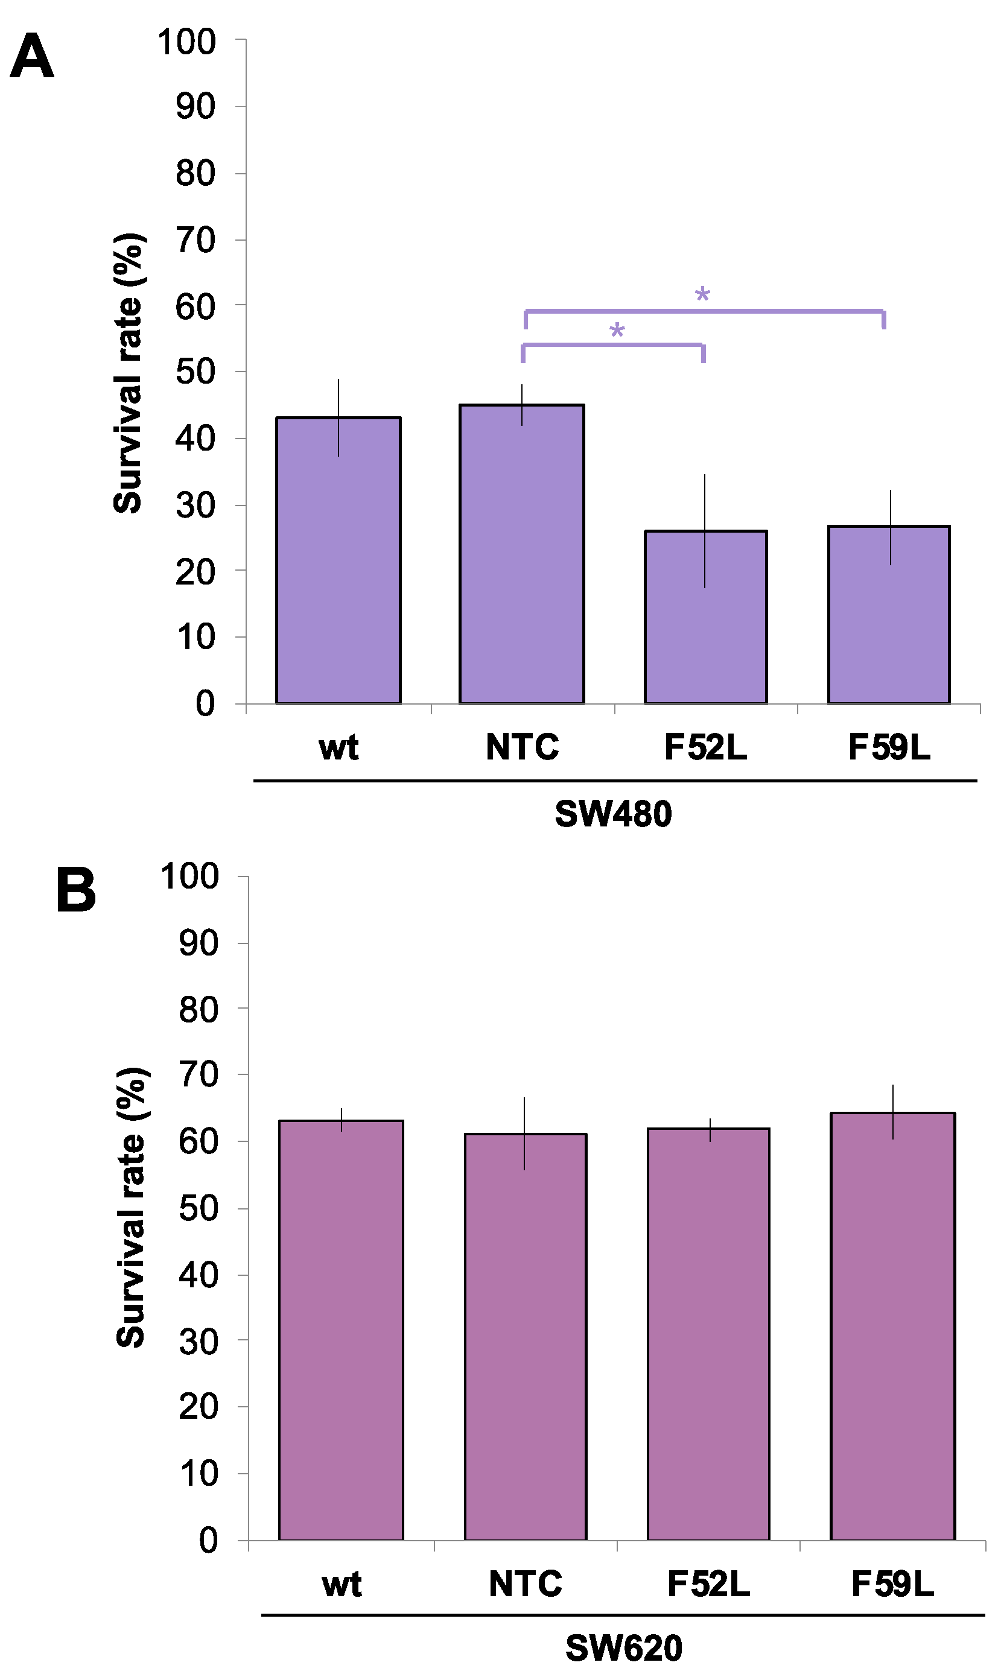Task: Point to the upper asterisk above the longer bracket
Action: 702,294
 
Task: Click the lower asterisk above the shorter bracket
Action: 617,331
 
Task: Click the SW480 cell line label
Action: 613,814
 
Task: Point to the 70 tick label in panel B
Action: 199,1075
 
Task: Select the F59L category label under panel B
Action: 892,1584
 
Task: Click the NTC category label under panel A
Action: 522,747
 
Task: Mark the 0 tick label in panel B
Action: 208,1541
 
